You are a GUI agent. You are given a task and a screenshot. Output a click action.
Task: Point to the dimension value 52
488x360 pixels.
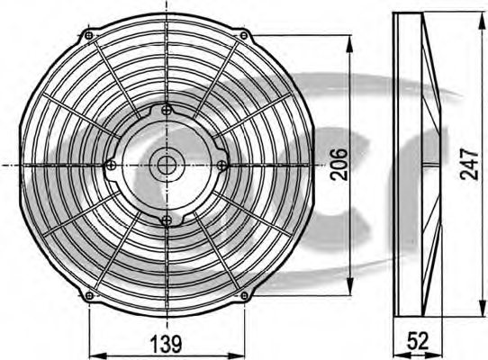pyautogui.click(x=417, y=342)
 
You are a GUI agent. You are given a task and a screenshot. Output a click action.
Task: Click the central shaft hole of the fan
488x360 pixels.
pyautogui.click(x=166, y=164)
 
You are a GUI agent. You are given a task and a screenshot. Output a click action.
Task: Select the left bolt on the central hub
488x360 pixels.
pyautogui.click(x=110, y=164)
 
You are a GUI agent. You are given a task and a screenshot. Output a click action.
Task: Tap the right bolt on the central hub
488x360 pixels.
pyautogui.click(x=221, y=164)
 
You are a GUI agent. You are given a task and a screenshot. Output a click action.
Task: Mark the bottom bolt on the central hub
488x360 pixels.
pyautogui.click(x=165, y=219)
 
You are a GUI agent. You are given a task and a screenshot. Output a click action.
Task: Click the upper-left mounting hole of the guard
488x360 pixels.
pyautogui.click(x=88, y=36)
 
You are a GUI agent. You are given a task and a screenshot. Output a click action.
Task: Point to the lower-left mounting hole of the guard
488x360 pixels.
pyautogui.click(x=88, y=295)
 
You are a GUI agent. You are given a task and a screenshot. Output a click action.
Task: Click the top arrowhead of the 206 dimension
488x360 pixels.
pyautogui.click(x=350, y=40)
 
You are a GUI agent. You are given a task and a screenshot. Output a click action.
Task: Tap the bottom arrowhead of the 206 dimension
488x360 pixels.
pyautogui.click(x=350, y=290)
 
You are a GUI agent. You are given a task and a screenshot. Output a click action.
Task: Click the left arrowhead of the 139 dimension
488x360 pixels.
pyautogui.click(x=93, y=353)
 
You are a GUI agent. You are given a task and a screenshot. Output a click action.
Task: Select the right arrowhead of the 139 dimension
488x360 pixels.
pyautogui.click(x=241, y=353)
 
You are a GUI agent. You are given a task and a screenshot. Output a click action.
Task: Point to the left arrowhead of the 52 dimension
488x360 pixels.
pyautogui.click(x=400, y=353)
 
